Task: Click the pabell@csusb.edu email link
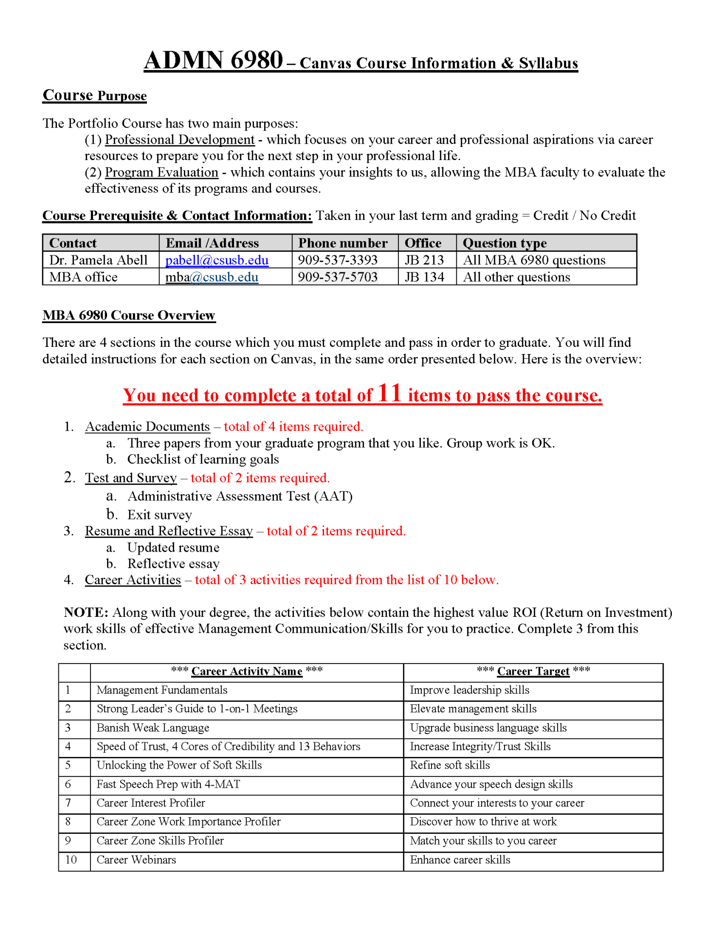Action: (x=217, y=260)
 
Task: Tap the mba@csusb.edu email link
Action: (x=212, y=277)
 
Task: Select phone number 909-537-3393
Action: (x=338, y=260)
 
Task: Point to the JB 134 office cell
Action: (x=424, y=277)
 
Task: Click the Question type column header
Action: (x=505, y=243)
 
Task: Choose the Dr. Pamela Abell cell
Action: (x=98, y=260)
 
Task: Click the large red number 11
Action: (x=389, y=393)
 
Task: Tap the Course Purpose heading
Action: (x=95, y=95)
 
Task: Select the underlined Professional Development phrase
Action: (x=180, y=140)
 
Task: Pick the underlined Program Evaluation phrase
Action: (x=162, y=172)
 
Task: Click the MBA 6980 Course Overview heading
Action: (x=128, y=315)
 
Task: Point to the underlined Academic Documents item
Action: (x=147, y=427)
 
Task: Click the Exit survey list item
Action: (x=160, y=515)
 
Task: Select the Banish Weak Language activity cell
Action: (x=153, y=728)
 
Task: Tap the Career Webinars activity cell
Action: (x=136, y=860)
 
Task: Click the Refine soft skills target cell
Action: (x=450, y=765)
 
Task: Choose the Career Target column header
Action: (x=533, y=671)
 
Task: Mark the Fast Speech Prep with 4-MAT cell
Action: (x=168, y=784)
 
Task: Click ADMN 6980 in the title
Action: (x=213, y=61)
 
